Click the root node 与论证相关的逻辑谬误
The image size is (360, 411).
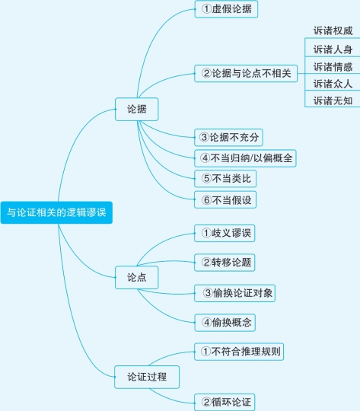[56, 212]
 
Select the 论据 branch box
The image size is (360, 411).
[136, 110]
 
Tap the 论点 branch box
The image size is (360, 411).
[136, 278]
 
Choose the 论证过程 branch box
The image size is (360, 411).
[147, 377]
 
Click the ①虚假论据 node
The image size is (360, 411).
[226, 9]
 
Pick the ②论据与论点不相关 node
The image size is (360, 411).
[246, 73]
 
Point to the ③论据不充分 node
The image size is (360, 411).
[228, 137]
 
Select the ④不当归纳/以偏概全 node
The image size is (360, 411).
[245, 158]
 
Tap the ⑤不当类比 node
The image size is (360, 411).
[225, 179]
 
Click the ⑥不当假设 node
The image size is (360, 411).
[225, 199]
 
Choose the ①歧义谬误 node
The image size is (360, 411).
[225, 233]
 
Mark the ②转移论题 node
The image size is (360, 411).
[225, 263]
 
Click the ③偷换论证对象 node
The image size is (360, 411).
[235, 293]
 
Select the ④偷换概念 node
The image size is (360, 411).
[225, 323]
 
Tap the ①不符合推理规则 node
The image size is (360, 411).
[239, 352]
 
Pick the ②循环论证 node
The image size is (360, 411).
[225, 402]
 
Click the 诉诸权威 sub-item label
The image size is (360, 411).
[333, 31]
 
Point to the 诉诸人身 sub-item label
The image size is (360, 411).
[333, 49]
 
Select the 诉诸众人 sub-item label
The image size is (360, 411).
[333, 84]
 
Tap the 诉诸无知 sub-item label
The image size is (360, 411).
[333, 100]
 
